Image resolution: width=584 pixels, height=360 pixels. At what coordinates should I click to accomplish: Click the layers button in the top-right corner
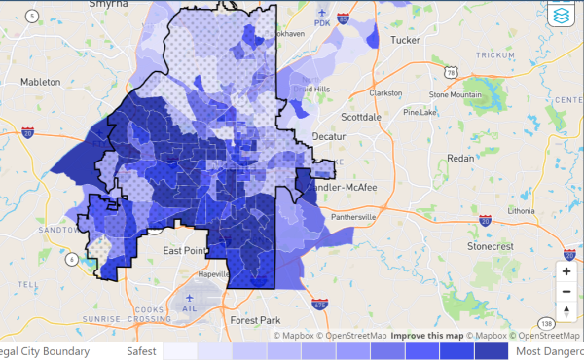[562, 17]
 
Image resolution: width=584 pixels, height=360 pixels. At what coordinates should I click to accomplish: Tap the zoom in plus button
[566, 271]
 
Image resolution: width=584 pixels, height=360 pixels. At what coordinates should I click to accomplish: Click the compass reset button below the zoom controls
[566, 310]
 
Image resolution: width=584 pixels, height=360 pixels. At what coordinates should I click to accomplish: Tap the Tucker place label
[404, 41]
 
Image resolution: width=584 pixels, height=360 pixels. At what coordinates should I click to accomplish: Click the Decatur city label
[329, 137]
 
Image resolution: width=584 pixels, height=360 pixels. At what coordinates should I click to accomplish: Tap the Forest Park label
[255, 319]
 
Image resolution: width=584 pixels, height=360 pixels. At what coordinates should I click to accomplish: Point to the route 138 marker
[547, 322]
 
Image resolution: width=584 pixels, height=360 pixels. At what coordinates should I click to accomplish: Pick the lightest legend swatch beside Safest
[178, 351]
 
